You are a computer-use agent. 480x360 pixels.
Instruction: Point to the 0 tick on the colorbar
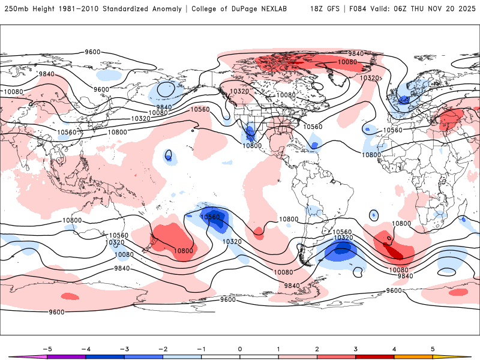coord(239,348)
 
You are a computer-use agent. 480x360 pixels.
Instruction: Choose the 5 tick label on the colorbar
coord(433,348)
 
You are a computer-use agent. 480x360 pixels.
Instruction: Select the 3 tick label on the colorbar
coord(356,348)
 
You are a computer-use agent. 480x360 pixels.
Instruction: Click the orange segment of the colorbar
coord(413,357)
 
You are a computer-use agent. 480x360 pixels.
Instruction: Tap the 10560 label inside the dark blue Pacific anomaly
coord(211,217)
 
